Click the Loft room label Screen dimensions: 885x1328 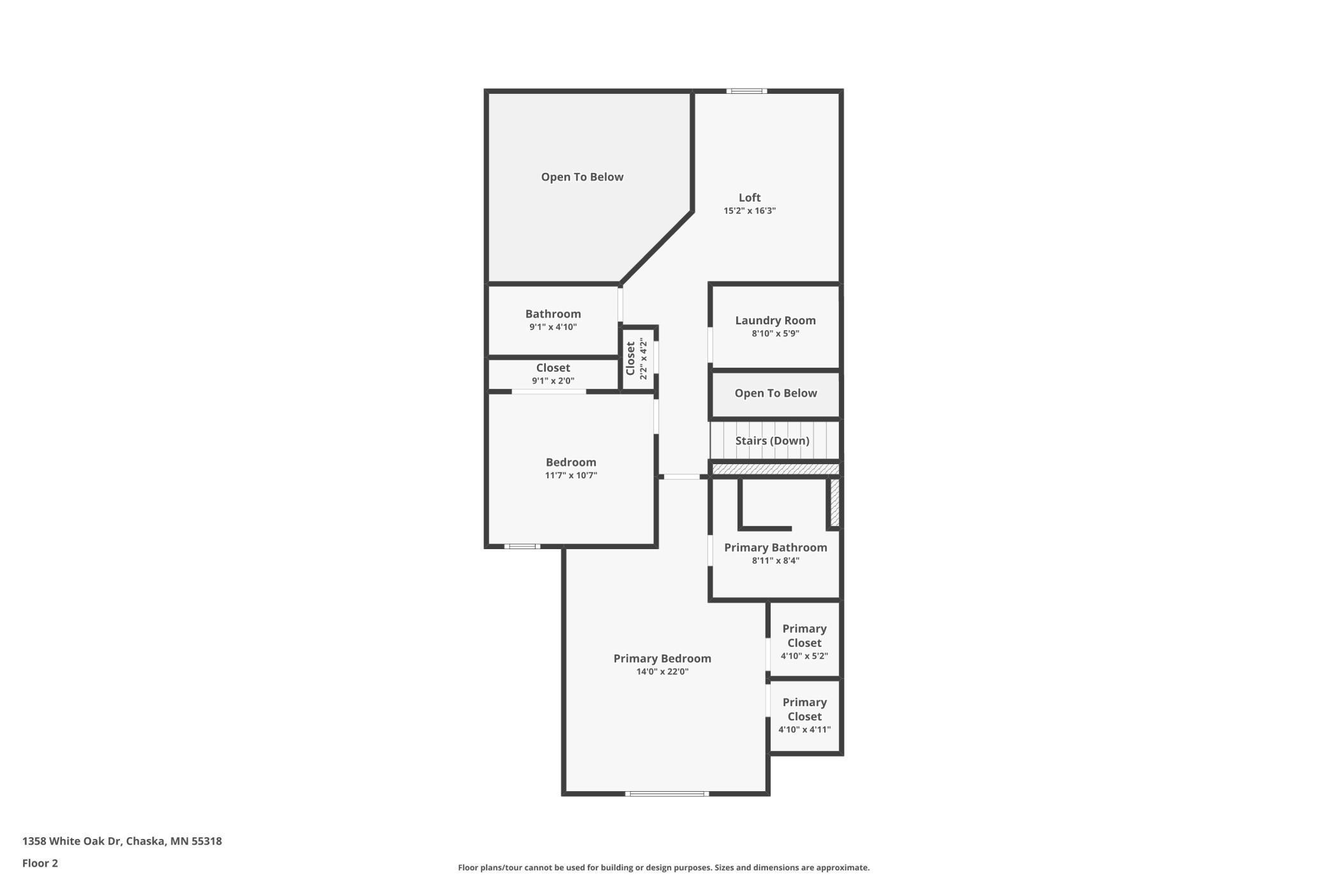pyautogui.click(x=750, y=198)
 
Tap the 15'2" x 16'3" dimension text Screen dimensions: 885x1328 pyautogui.click(x=750, y=211)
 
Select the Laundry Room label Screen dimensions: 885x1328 pyautogui.click(x=775, y=321)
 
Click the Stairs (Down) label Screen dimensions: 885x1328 pyautogui.click(x=772, y=441)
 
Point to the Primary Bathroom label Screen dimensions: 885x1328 pyautogui.click(x=775, y=548)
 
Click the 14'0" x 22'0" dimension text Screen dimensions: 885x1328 pyautogui.click(x=662, y=672)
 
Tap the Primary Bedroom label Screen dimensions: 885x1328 pyautogui.click(x=662, y=658)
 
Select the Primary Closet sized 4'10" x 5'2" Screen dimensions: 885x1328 pyautogui.click(x=804, y=641)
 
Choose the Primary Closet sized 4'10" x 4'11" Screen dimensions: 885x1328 pyautogui.click(x=804, y=715)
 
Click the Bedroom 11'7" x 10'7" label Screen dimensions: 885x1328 pyautogui.click(x=571, y=462)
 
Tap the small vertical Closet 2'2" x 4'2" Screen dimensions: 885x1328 pyautogui.click(x=637, y=359)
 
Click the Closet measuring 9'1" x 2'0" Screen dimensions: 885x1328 pyautogui.click(x=553, y=374)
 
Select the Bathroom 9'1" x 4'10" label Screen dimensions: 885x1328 pyautogui.click(x=553, y=314)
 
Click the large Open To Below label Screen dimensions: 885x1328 pyautogui.click(x=582, y=177)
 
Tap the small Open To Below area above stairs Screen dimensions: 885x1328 pyautogui.click(x=775, y=393)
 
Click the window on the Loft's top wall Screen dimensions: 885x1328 pyautogui.click(x=746, y=91)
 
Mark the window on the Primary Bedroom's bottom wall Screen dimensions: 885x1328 pyautogui.click(x=667, y=794)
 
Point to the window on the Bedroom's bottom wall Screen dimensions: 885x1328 pyautogui.click(x=522, y=547)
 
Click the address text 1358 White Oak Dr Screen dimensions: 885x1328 pyautogui.click(x=122, y=841)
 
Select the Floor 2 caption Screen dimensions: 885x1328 pyautogui.click(x=40, y=863)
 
